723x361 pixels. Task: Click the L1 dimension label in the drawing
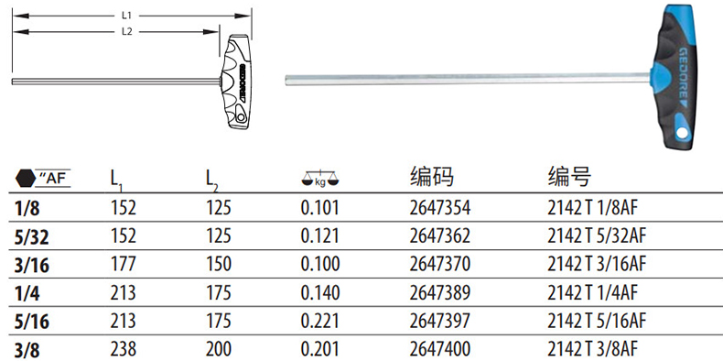(127, 16)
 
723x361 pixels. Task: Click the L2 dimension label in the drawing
(127, 31)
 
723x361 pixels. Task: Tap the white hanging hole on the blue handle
(682, 133)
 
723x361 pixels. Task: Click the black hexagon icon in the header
(25, 178)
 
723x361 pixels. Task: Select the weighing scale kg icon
(319, 178)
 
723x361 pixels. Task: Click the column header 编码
(432, 176)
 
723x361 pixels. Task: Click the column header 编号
(569, 176)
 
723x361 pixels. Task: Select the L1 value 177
(124, 264)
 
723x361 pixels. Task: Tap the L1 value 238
(124, 349)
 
